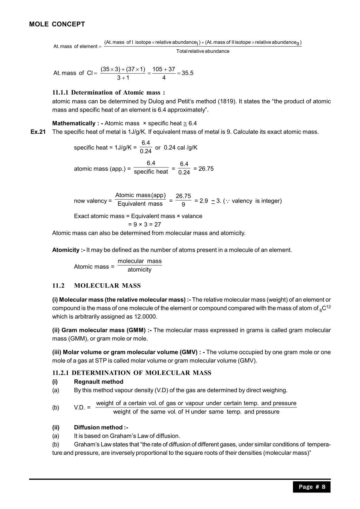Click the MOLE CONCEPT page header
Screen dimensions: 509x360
(57, 24)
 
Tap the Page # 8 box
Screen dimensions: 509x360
(312, 487)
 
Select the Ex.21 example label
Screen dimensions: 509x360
(38, 132)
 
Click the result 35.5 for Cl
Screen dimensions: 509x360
(188, 73)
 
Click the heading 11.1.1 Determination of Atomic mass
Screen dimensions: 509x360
(109, 93)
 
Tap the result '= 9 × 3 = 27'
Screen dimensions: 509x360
(145, 224)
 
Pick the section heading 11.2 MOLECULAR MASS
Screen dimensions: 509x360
(96, 286)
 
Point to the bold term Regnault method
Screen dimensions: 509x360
(98, 382)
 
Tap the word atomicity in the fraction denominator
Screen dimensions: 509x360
(139, 270)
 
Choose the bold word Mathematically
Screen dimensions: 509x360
(74, 124)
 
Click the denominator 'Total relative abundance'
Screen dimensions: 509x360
(203, 51)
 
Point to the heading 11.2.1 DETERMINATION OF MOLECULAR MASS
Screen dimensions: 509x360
(132, 373)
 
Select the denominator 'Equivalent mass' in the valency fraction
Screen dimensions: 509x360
(140, 204)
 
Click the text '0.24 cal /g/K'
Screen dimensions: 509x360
(181, 148)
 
